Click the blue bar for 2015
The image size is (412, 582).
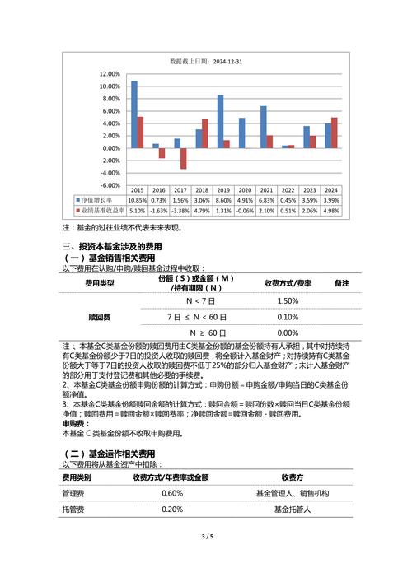tap(133, 114)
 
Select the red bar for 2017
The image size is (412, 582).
tap(183, 159)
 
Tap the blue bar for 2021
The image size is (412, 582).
tap(263, 127)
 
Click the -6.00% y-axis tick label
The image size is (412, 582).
tap(110, 185)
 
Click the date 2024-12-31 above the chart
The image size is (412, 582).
tap(227, 61)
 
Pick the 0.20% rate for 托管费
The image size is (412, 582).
tap(172, 510)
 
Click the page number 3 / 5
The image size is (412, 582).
tap(207, 537)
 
